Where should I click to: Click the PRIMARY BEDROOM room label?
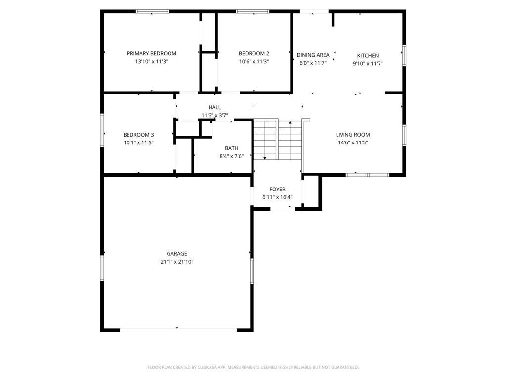click(151, 53)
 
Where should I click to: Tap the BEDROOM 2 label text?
click(253, 53)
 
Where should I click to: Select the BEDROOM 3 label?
click(138, 135)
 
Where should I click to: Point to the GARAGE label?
click(176, 254)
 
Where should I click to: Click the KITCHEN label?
click(368, 56)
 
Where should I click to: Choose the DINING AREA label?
click(313, 55)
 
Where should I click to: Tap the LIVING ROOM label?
click(352, 135)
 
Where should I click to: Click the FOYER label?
click(277, 190)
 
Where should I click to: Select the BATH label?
click(231, 148)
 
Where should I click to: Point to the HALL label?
click(214, 107)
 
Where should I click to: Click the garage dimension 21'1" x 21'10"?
click(176, 262)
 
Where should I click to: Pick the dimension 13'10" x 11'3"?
click(151, 62)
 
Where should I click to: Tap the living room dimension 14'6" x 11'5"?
click(352, 142)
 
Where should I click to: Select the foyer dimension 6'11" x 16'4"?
click(277, 197)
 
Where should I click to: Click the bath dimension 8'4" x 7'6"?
click(231, 156)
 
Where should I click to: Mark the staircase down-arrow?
click(265, 157)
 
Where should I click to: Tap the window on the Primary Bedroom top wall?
click(153, 11)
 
